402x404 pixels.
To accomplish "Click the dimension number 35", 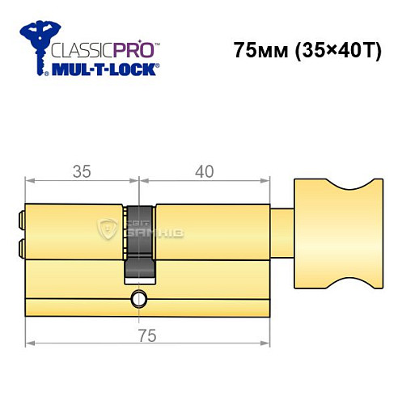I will click(x=78, y=171).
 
